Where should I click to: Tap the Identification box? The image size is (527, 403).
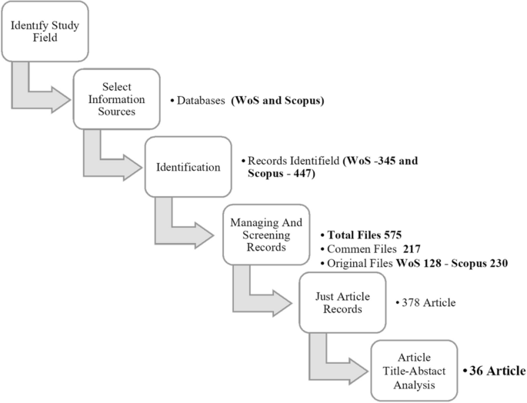[x=188, y=167]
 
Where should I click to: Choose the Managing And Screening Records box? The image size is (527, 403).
[x=265, y=234]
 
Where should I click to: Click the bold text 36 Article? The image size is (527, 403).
[x=496, y=371]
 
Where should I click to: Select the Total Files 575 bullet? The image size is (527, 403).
[x=362, y=234]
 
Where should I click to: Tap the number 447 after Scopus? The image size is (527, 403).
[x=301, y=175]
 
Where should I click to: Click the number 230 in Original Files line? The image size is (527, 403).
[x=496, y=263]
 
